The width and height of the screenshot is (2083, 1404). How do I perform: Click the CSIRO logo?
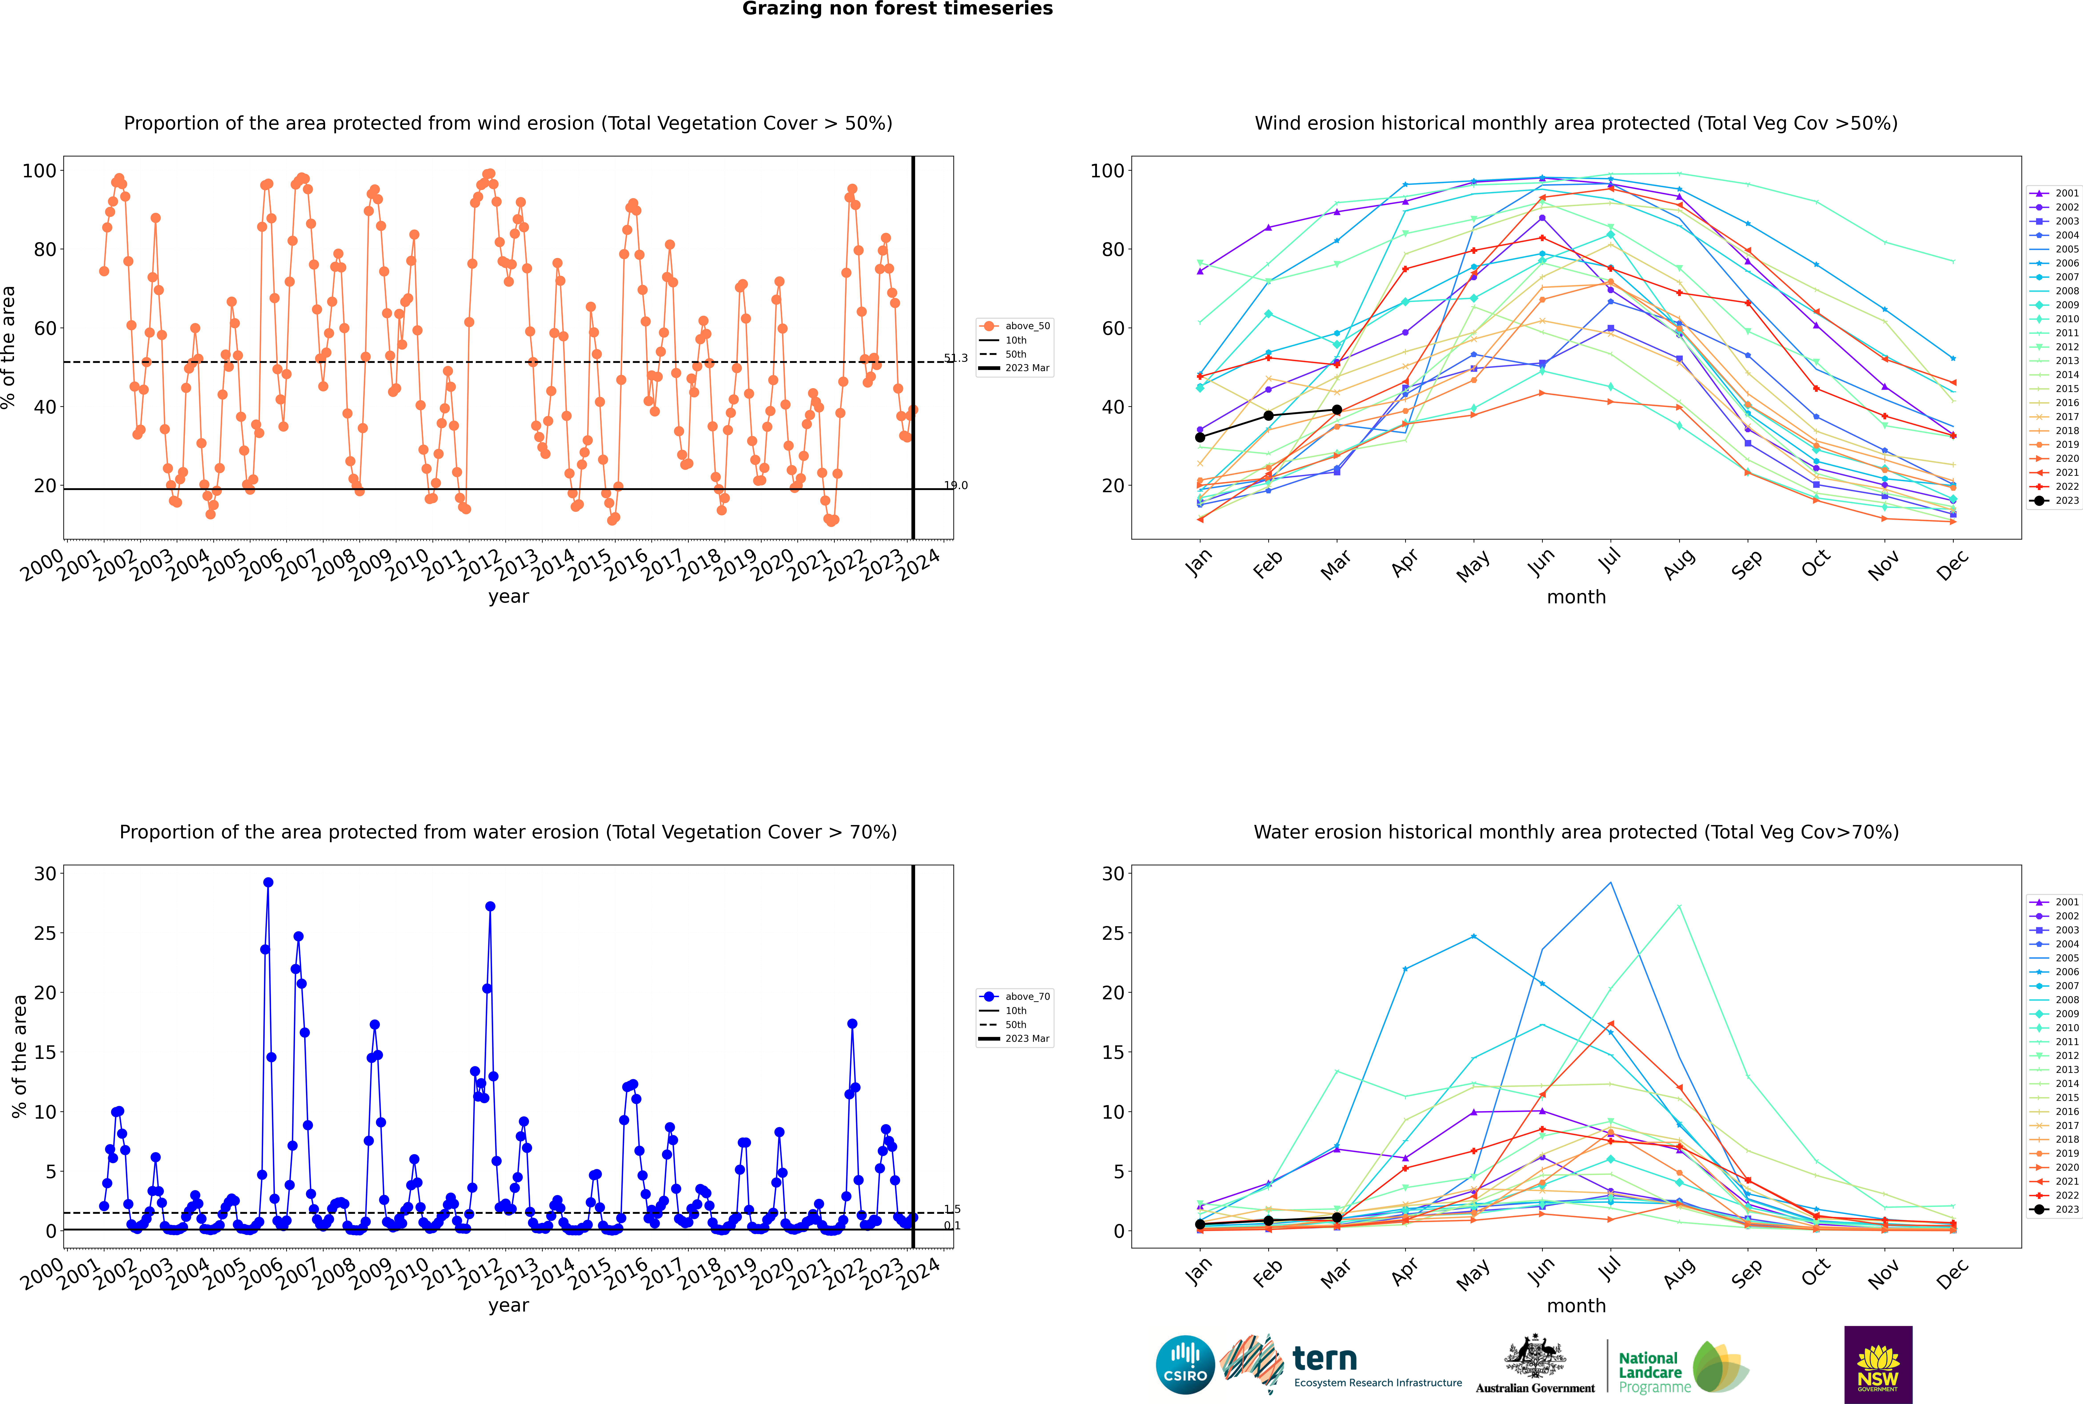point(1185,1365)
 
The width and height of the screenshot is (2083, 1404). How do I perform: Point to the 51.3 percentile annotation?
point(956,358)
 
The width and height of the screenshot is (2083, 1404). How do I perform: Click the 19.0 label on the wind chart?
point(956,485)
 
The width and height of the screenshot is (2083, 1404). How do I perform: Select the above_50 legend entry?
point(1015,326)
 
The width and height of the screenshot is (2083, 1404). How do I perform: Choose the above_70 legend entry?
point(1015,997)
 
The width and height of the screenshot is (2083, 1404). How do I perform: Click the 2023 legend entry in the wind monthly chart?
point(2054,500)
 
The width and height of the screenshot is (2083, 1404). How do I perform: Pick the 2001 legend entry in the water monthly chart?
point(2054,902)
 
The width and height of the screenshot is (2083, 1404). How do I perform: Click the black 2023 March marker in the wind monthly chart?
point(1337,410)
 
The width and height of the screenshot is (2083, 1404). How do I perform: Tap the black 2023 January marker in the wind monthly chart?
point(1200,437)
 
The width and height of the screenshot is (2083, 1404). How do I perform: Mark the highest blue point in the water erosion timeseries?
point(268,882)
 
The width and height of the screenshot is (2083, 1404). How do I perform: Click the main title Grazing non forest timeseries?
point(897,9)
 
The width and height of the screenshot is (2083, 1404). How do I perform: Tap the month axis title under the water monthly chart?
point(1576,1306)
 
